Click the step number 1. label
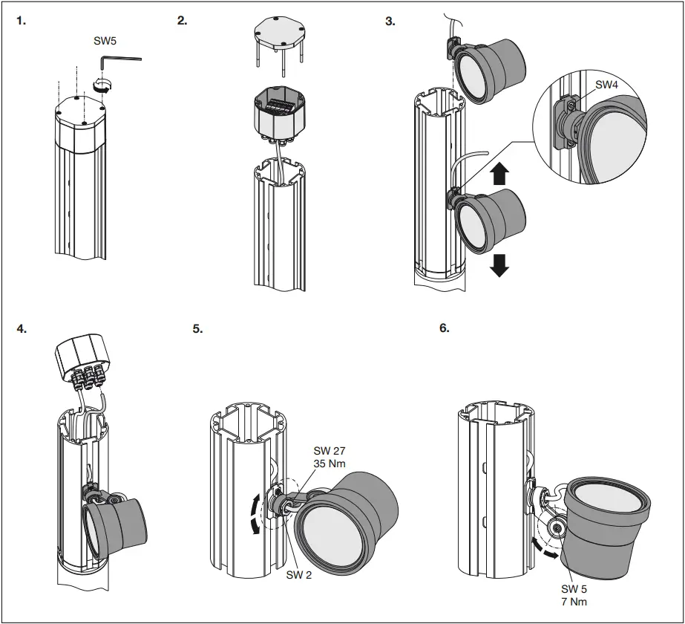21,21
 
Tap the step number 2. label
183,21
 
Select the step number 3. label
390,21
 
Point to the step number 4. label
22,328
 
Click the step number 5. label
197,328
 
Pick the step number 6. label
445,328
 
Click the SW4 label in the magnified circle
606,85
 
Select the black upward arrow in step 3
500,173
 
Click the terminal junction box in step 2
281,112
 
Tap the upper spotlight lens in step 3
472,75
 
